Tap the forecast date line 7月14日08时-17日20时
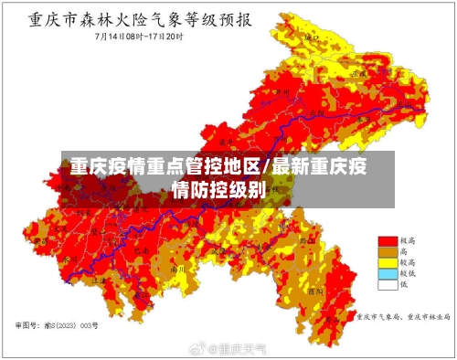pos(137,37)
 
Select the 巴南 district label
pos(140,248)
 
